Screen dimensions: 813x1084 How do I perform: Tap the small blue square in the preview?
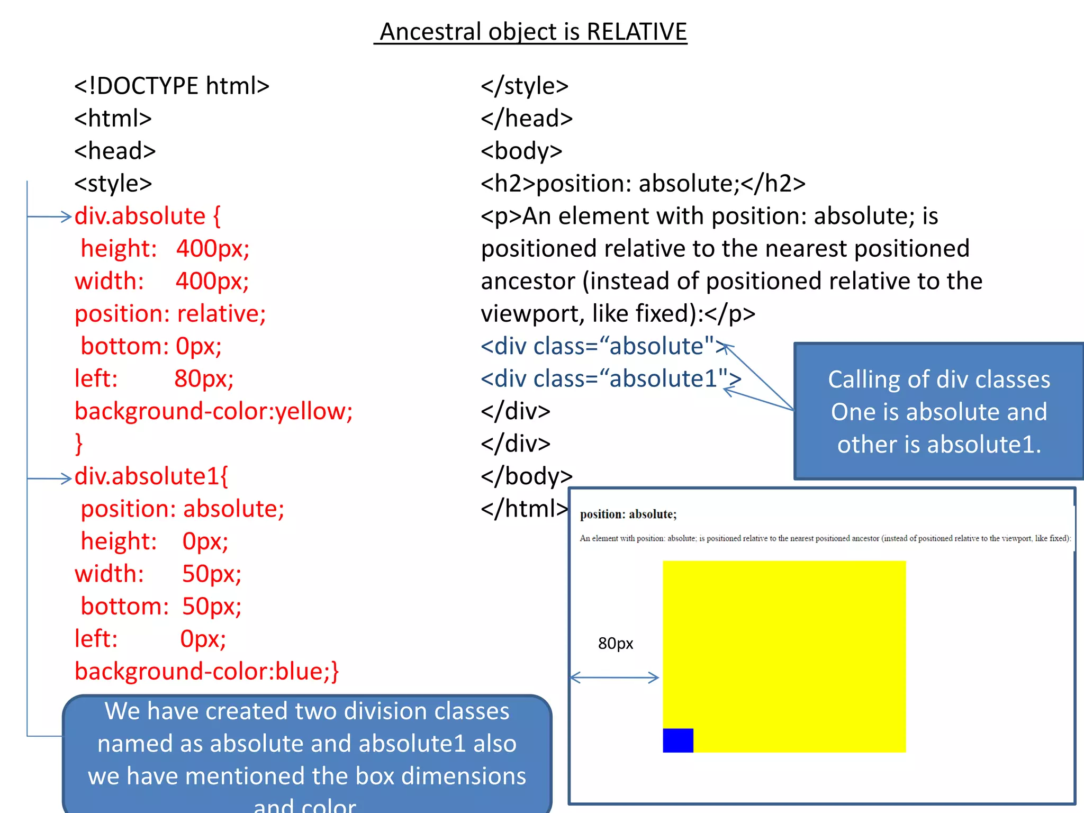click(x=677, y=740)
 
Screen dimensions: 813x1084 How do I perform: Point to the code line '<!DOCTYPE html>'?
click(x=171, y=86)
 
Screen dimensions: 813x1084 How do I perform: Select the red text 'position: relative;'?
click(x=170, y=314)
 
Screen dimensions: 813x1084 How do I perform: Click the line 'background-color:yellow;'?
click(x=213, y=411)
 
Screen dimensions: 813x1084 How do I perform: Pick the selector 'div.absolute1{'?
click(x=151, y=476)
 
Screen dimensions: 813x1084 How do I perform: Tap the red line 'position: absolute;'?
click(x=182, y=509)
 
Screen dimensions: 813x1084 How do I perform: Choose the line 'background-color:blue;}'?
click(x=206, y=672)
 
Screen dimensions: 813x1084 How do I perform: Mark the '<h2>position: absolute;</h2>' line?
click(x=643, y=184)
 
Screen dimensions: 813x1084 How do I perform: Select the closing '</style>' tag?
click(x=525, y=86)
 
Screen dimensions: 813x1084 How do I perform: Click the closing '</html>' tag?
click(x=525, y=509)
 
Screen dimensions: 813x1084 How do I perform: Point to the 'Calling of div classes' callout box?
click(x=938, y=412)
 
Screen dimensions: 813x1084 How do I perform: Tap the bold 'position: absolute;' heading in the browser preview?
click(x=628, y=514)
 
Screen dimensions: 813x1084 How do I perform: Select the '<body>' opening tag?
click(x=521, y=151)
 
